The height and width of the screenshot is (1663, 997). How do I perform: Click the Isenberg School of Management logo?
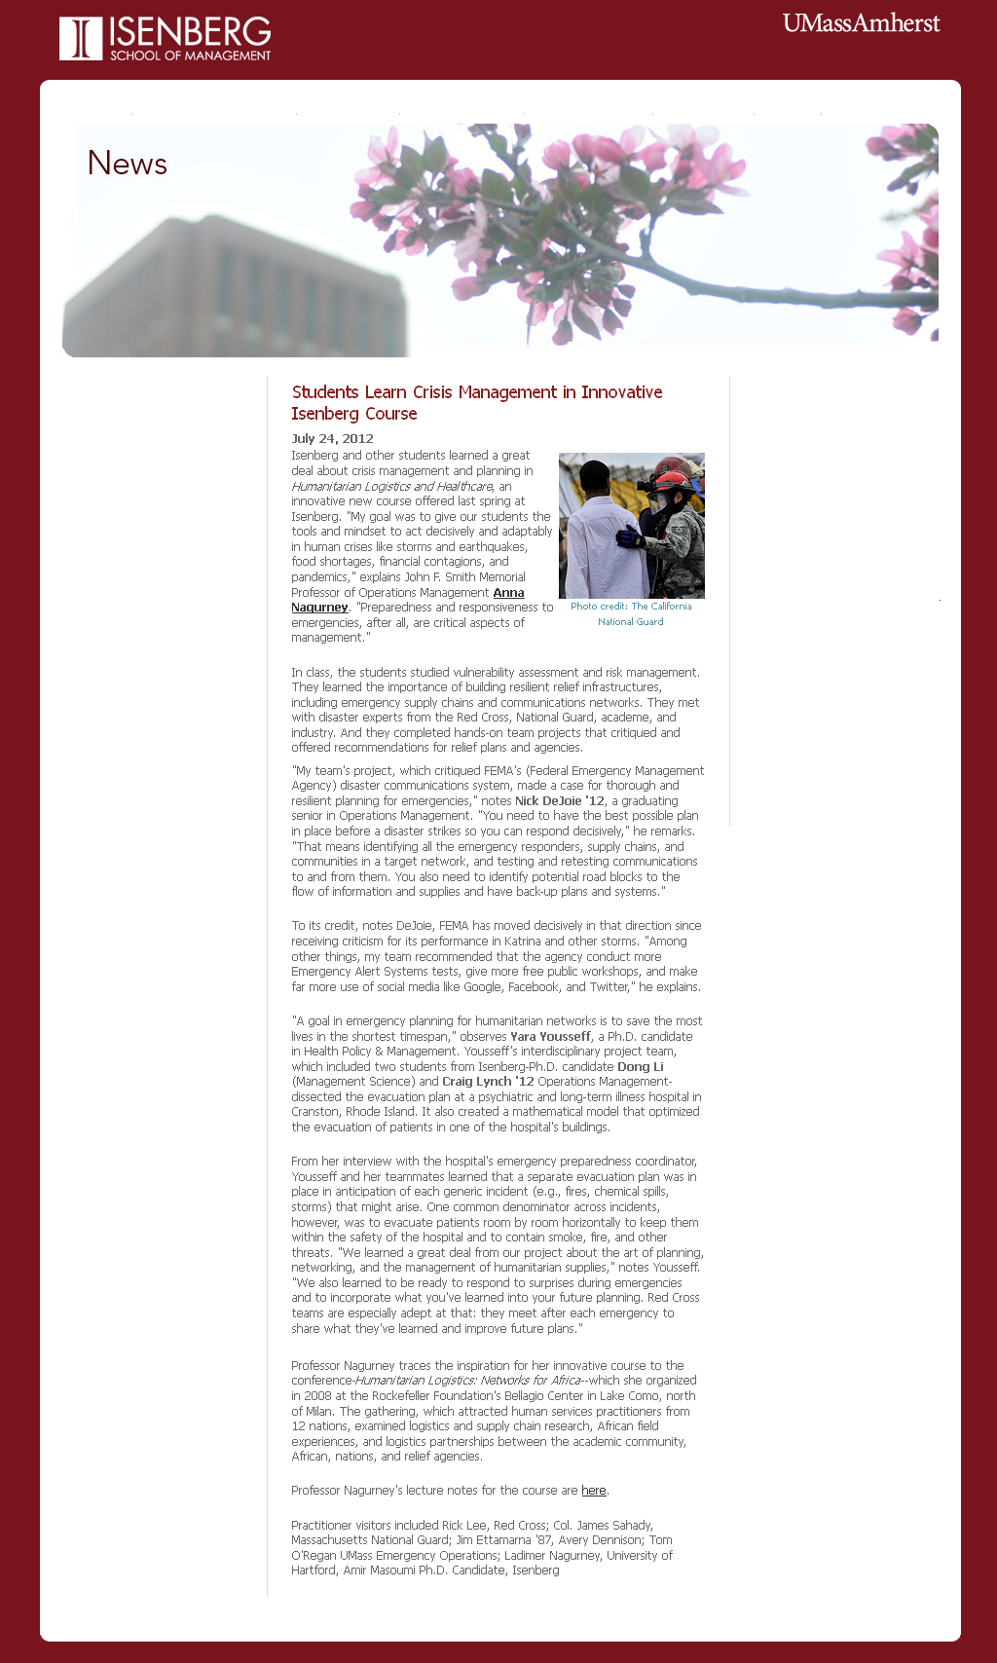click(x=166, y=39)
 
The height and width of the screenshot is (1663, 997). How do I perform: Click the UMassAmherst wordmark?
click(x=861, y=23)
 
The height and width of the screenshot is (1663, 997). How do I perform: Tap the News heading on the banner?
click(x=128, y=164)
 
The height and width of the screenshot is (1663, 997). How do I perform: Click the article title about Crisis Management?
click(x=476, y=402)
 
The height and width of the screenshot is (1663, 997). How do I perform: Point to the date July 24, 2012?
click(x=332, y=438)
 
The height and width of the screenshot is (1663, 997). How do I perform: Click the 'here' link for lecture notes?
click(x=593, y=1491)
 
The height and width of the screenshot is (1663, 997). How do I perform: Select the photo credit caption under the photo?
click(x=631, y=613)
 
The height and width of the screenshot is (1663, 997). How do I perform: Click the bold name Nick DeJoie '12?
click(x=559, y=801)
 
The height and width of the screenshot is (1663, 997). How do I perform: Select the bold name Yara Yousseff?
click(x=550, y=1037)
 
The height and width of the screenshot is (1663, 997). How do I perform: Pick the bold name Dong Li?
click(x=640, y=1067)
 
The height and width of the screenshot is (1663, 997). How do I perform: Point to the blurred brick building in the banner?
click(x=234, y=292)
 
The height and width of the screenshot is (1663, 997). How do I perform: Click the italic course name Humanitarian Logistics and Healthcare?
click(x=392, y=487)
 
